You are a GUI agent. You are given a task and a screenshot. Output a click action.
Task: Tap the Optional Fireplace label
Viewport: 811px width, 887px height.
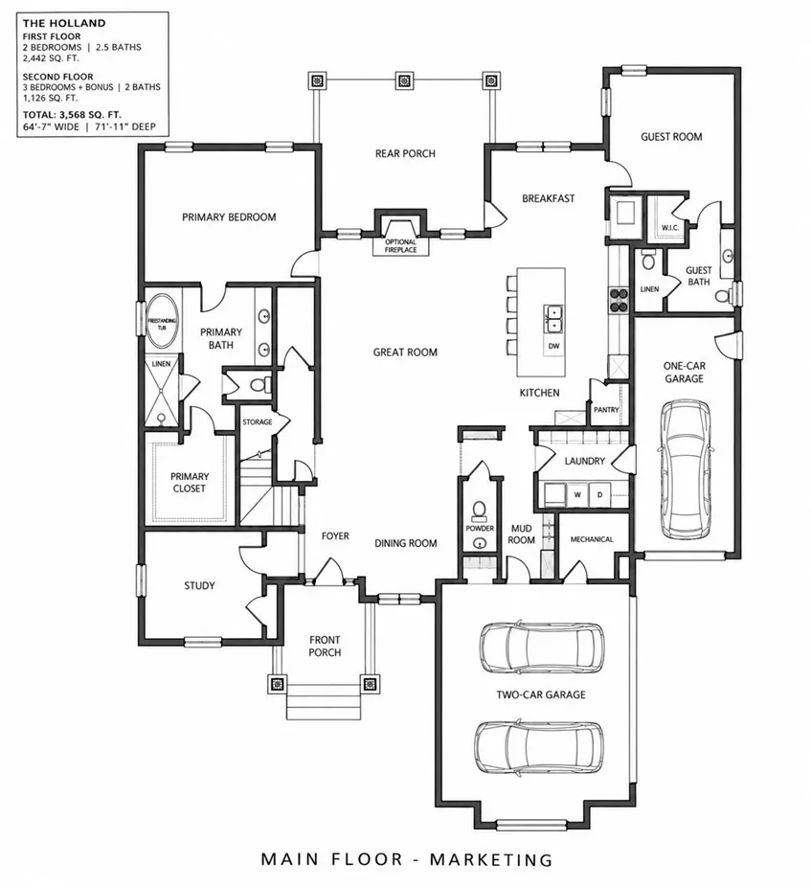pos(400,245)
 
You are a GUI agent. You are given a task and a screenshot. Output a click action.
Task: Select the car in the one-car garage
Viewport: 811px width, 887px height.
pos(685,469)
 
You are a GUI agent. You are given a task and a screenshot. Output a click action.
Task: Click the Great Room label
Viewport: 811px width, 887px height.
pos(405,352)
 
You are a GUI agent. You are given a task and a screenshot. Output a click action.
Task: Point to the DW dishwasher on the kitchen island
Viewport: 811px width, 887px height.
pos(553,346)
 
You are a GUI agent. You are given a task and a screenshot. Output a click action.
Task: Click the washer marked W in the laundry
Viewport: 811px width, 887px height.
pos(577,494)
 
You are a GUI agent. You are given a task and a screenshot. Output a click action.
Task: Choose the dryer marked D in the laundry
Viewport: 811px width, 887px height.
pos(599,494)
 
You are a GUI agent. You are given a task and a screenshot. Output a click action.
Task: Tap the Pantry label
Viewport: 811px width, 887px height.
pos(606,410)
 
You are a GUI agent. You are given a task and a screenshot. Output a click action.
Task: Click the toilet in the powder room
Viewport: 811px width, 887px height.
pos(479,511)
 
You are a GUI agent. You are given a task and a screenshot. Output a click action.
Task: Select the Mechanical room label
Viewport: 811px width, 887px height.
pos(592,539)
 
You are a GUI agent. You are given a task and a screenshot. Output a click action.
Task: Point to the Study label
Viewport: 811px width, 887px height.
pos(200,585)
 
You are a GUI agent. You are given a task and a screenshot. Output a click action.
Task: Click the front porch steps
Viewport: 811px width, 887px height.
pos(324,701)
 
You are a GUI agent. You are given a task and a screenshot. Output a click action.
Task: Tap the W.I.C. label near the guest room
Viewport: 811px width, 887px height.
pos(670,227)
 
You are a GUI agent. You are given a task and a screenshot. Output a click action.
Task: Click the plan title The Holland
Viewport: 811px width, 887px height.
pos(64,23)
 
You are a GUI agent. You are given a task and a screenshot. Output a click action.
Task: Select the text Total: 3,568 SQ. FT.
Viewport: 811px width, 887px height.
pos(72,115)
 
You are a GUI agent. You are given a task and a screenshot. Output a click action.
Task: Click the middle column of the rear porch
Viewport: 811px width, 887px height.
pos(404,80)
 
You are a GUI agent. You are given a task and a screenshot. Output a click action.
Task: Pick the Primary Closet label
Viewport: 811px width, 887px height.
pos(190,482)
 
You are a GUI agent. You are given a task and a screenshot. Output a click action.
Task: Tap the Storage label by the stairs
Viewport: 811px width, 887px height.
pos(258,422)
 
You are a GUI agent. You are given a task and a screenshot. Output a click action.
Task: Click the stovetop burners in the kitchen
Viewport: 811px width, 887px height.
pos(619,300)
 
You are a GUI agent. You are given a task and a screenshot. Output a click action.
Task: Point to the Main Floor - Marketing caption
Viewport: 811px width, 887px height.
pos(407,858)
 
